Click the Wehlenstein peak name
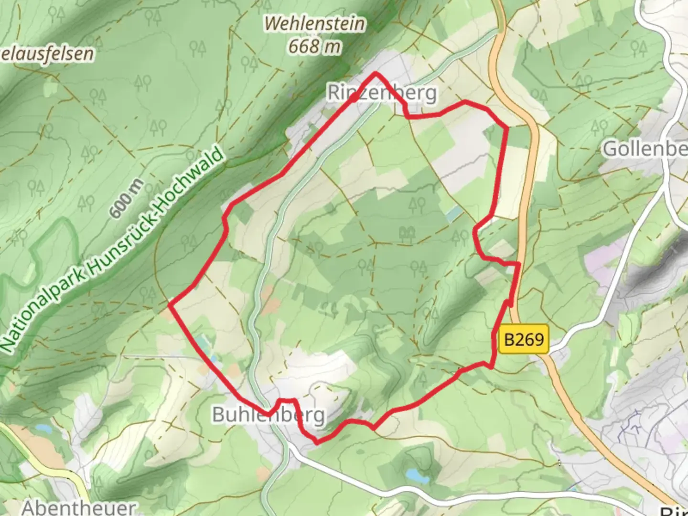(315, 23)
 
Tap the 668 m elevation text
(315, 46)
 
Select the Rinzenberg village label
(382, 93)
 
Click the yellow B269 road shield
(524, 340)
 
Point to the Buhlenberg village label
(269, 415)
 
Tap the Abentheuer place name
(79, 507)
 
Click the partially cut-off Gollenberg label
(645, 149)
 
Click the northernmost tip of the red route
(376, 73)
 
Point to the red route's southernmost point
(317, 443)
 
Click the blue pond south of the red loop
(412, 475)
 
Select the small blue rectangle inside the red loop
(454, 214)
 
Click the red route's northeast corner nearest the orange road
(506, 127)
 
